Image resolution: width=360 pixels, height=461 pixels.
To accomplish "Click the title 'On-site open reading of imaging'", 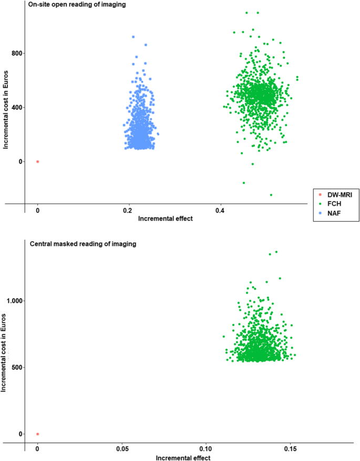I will tap(73, 5).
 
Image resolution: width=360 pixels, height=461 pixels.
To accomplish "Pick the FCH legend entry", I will tap(331, 203).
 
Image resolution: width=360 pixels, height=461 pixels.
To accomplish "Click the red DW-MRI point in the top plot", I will tap(37, 162).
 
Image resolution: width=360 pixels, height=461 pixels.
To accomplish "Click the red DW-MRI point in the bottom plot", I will tap(37, 434).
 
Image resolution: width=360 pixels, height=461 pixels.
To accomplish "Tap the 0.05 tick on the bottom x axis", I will tap(121, 450).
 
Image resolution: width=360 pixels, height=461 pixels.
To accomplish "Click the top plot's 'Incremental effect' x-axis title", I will tap(165, 219).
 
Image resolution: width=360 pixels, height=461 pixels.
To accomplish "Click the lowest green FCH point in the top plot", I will tap(271, 195).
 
